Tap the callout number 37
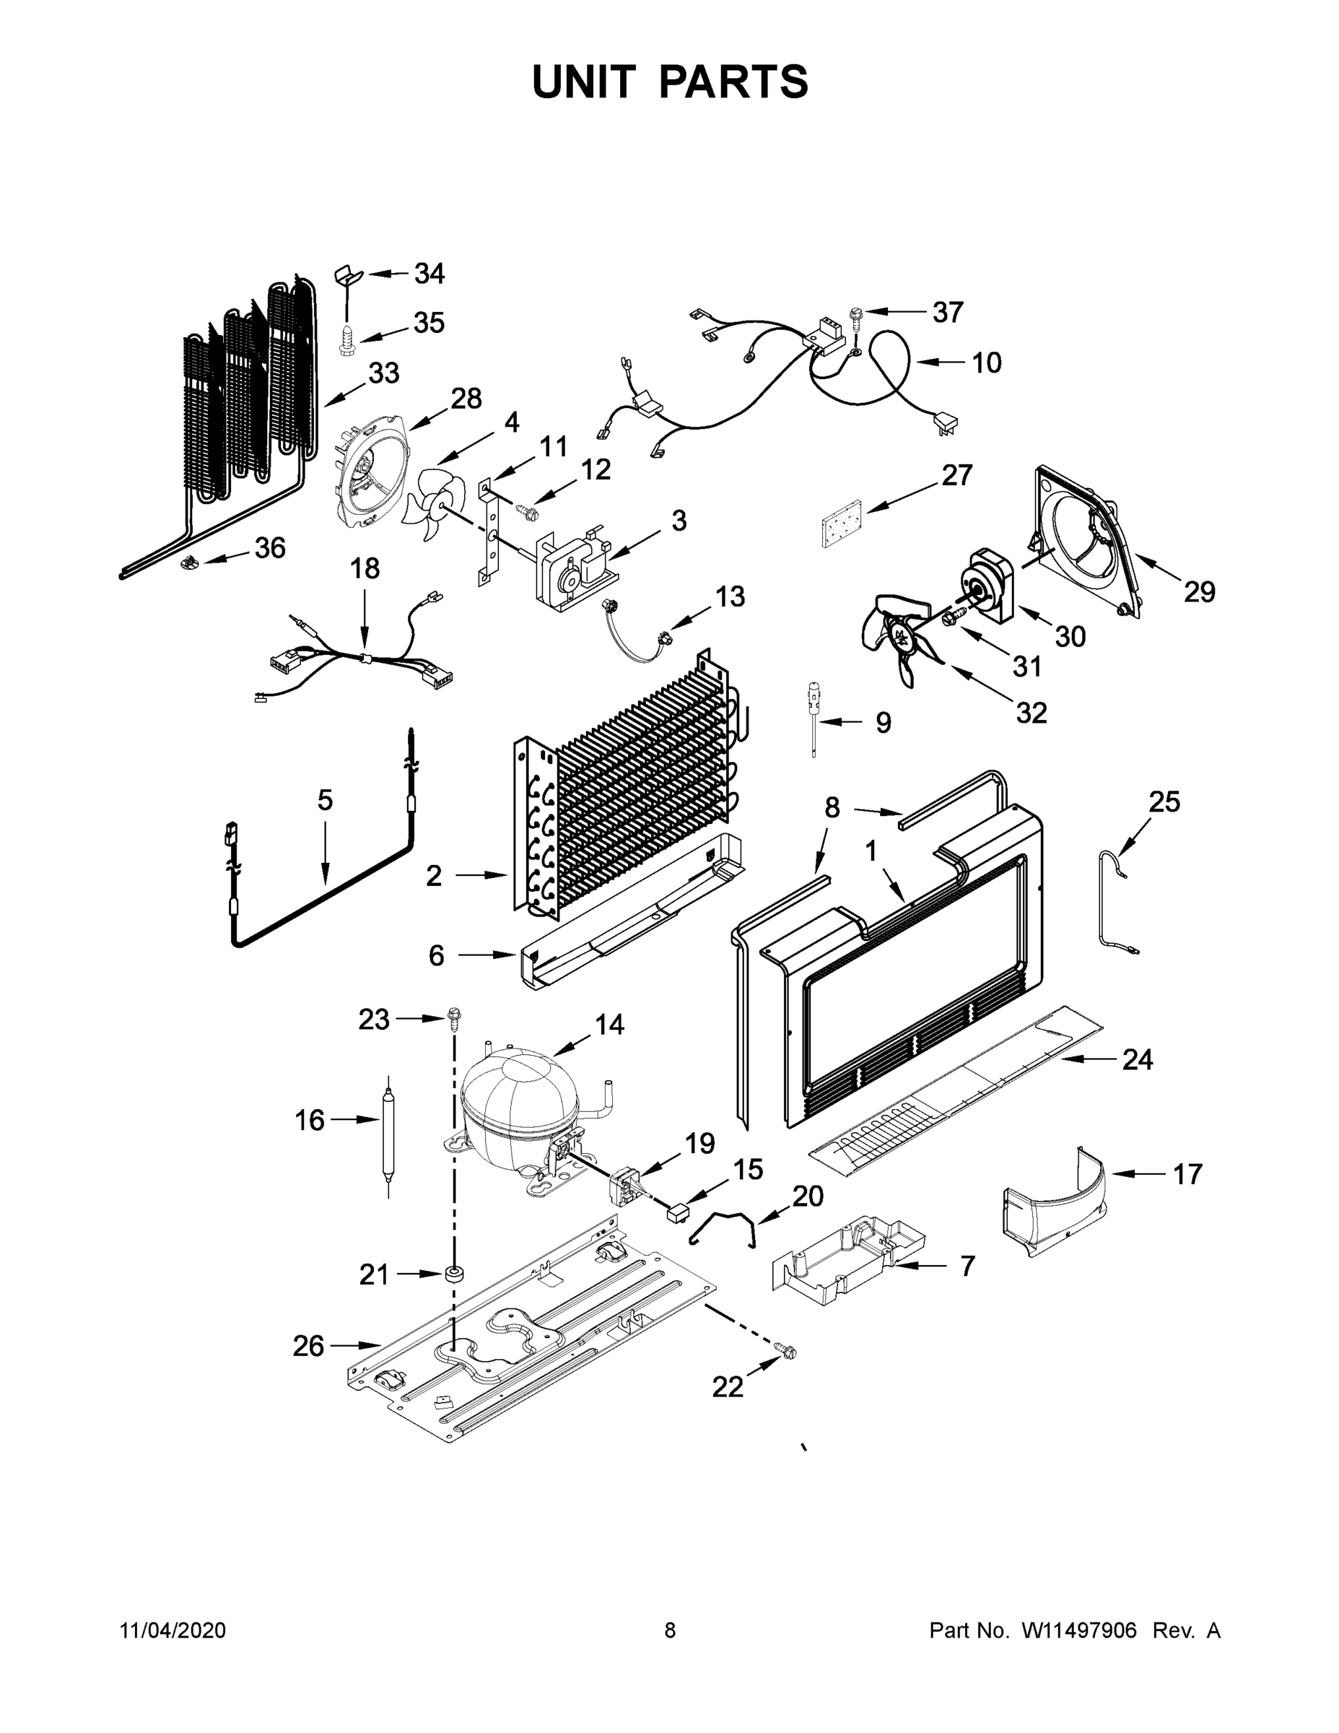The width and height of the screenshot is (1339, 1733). tap(947, 312)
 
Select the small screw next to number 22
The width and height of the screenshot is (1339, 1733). tap(785, 1350)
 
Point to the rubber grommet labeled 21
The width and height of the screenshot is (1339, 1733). tap(455, 1274)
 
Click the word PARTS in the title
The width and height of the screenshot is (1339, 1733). tap(734, 82)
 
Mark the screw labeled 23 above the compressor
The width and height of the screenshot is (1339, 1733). tap(455, 1018)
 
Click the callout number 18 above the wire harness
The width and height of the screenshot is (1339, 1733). tap(365, 569)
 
